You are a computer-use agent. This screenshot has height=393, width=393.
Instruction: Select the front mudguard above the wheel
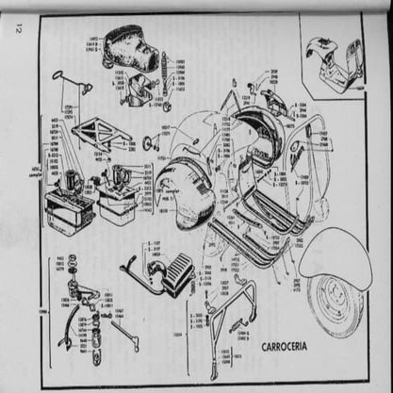pyautogui.click(x=334, y=252)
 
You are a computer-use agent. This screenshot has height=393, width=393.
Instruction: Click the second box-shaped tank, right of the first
pyautogui.click(x=118, y=203)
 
